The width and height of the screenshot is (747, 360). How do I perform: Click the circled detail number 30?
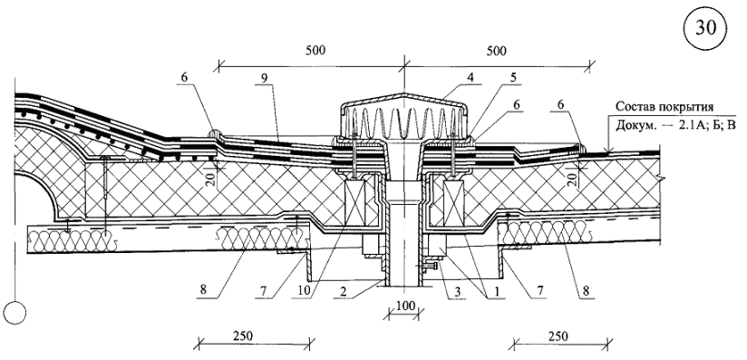705,29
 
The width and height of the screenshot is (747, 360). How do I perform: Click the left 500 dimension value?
315,51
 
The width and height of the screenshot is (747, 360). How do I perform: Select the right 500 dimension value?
497,51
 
